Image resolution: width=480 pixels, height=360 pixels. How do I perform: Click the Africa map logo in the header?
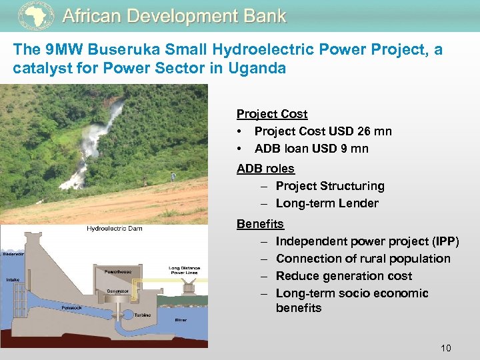35,15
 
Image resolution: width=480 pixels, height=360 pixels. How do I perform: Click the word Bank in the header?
264,16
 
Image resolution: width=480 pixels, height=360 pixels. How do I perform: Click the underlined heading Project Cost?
272,114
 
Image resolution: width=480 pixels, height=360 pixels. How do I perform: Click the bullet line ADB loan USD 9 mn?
311,149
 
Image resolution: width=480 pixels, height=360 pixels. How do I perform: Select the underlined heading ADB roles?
265,169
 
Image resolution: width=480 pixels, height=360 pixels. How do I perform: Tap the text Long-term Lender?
327,203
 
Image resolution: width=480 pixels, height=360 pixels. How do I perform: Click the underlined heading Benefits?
260,224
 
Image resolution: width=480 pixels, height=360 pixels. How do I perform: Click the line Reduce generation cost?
343,276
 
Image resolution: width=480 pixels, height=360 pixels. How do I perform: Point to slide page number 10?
446,347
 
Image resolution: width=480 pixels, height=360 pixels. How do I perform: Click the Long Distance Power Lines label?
184,270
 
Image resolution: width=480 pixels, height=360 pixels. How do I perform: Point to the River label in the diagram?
181,320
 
